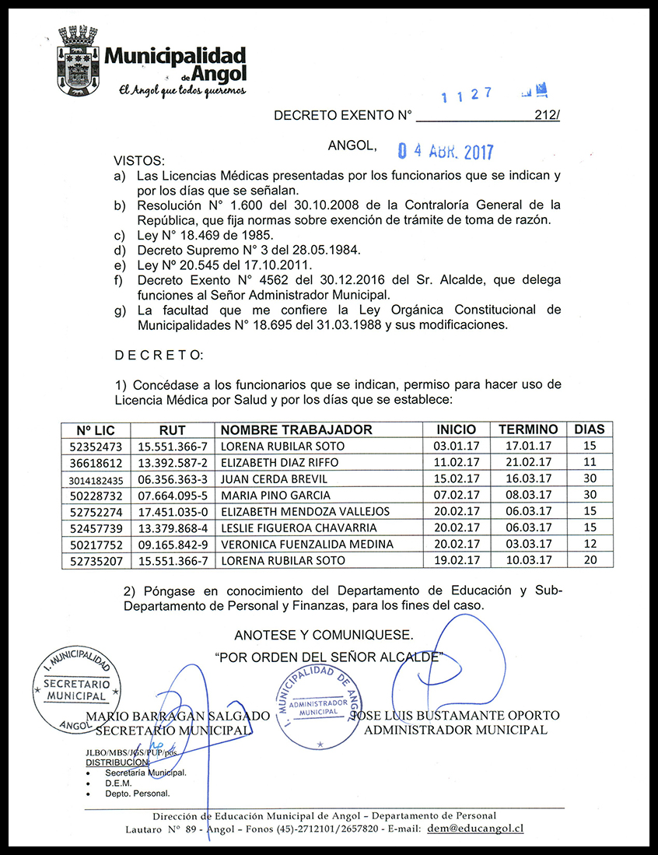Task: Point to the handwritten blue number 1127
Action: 467,95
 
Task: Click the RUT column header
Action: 172,429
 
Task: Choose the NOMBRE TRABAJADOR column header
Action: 296,429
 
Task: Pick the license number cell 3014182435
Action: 96,479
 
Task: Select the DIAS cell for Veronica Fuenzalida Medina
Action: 589,544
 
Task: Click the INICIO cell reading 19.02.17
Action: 456,560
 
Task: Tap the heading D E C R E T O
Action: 158,356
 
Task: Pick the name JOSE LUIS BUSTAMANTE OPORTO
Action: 455,715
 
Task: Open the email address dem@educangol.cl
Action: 474,829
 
